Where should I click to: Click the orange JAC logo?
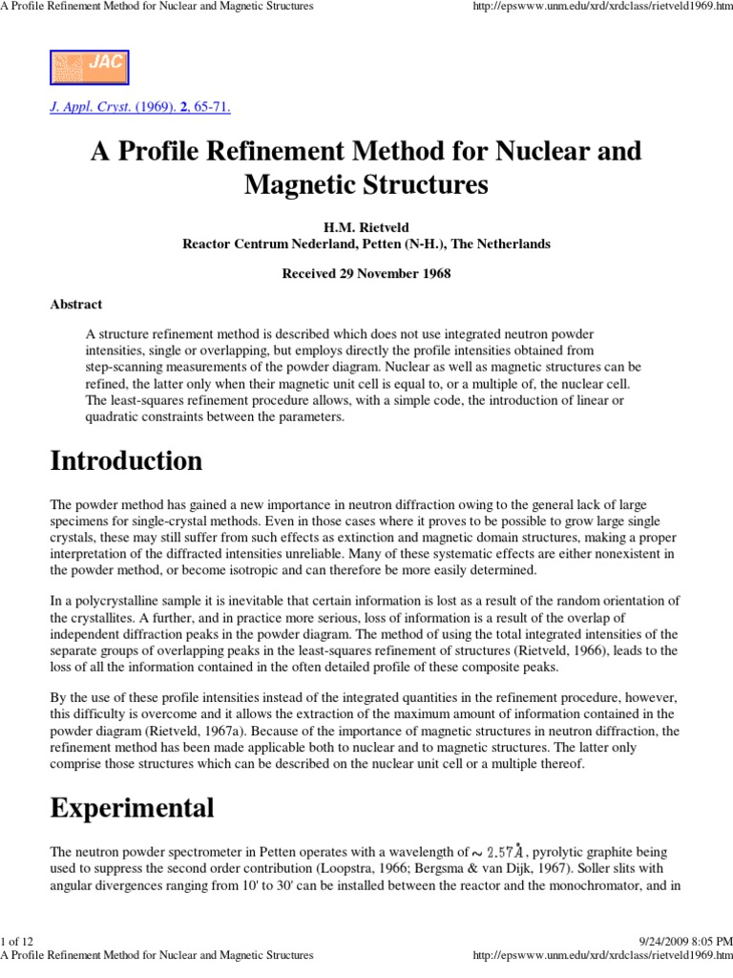tap(89, 67)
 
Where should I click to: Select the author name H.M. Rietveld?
tap(366, 227)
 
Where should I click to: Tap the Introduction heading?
tap(125, 461)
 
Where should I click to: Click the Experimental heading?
tap(132, 808)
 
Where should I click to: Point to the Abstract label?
tap(76, 305)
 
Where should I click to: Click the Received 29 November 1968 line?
tap(366, 274)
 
